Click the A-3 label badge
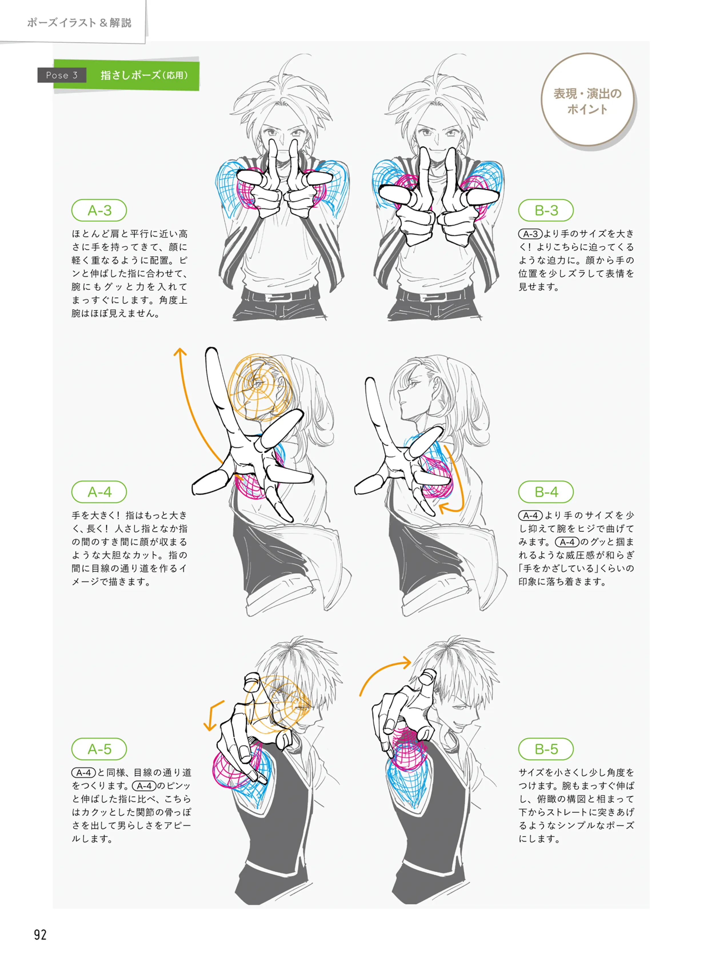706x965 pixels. coord(99,210)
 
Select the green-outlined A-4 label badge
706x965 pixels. coord(99,492)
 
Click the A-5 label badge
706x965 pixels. coord(99,749)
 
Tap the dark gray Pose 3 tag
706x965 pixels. coord(62,75)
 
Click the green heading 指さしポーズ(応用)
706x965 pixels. coord(144,75)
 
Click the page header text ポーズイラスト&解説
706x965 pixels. coord(79,23)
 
